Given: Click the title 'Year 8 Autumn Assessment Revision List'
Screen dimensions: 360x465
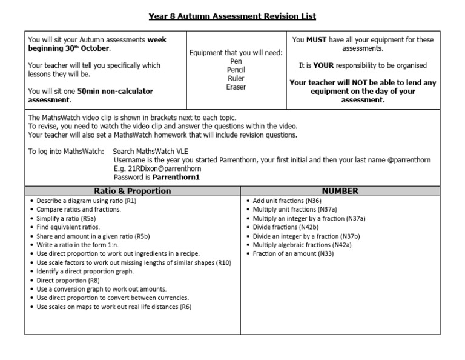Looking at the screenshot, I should pos(232,16).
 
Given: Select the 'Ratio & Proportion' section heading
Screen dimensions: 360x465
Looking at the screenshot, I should pos(132,191).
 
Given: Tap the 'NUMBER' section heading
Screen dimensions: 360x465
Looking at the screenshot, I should pos(340,191).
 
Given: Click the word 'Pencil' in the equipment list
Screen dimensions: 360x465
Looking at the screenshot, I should pos(236,70).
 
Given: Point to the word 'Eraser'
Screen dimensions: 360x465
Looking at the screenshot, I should pos(236,87).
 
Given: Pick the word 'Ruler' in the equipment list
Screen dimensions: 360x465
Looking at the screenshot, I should pos(236,79).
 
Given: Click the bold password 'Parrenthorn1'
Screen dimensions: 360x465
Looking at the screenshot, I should pos(176,178).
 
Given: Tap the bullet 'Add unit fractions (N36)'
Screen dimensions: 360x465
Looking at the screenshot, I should pos(287,201).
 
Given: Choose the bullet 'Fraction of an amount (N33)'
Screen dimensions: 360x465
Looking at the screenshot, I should pos(293,254).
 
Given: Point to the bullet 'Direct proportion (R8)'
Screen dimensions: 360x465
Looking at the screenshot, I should pos(68,281).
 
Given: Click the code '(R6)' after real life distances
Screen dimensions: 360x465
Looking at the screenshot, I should pos(185,307).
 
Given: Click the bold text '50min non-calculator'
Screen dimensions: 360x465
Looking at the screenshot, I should pos(115,92).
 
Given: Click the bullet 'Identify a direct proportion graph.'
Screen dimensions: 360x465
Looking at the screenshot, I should pos(85,272).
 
